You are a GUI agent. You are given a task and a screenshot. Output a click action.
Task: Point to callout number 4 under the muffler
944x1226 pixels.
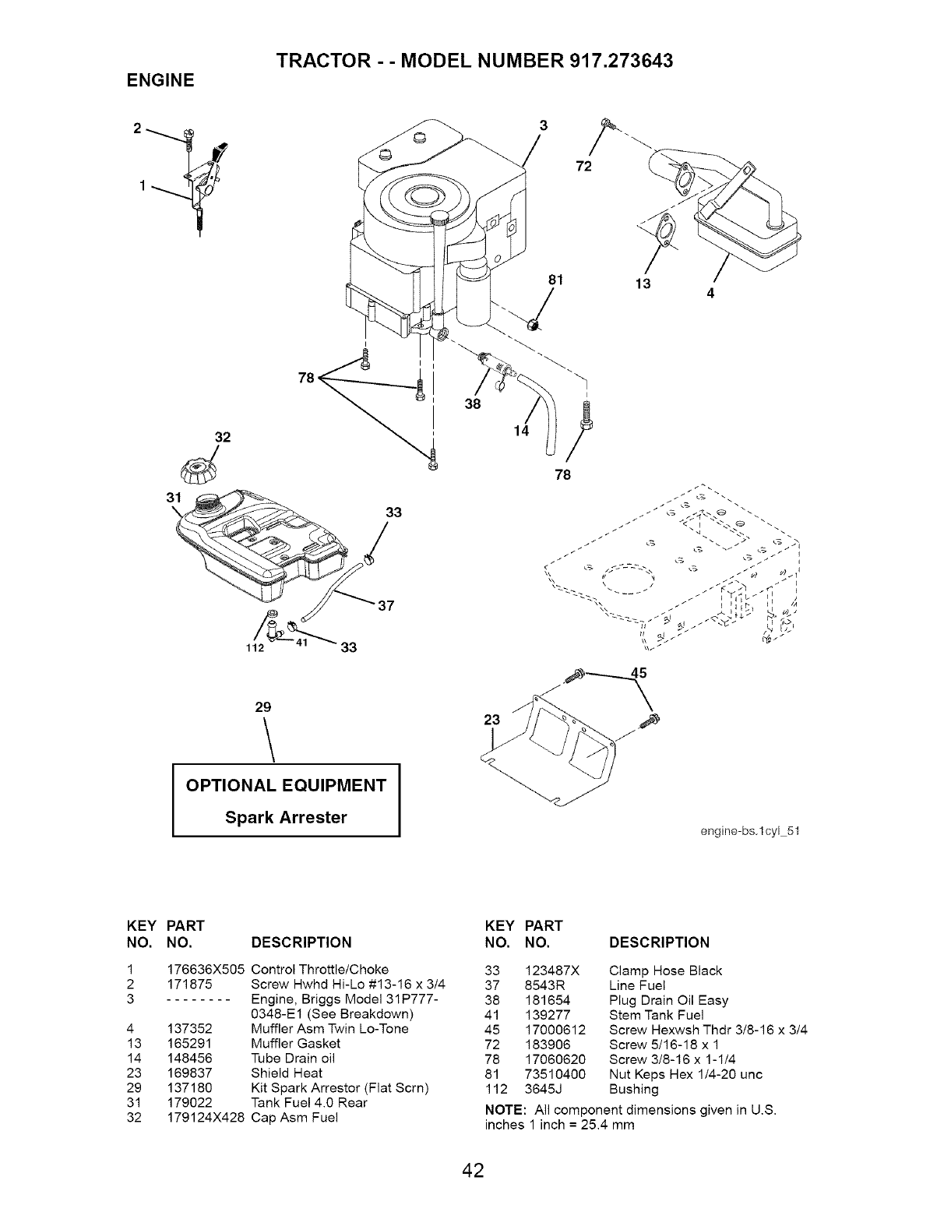coord(710,294)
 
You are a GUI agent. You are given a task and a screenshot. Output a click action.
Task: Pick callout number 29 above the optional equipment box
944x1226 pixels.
coord(262,707)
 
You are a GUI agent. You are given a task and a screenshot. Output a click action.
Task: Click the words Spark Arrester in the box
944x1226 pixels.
coord(286,817)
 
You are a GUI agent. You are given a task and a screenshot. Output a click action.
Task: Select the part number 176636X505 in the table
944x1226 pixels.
coord(206,970)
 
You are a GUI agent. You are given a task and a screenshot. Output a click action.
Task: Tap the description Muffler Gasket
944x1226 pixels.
coord(296,1044)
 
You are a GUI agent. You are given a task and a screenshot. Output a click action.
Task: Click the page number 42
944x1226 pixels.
coord(472,1170)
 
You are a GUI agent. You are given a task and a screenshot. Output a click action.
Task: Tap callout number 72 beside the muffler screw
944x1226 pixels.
coord(583,167)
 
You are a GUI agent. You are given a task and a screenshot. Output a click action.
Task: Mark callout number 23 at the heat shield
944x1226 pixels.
coord(491,720)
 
